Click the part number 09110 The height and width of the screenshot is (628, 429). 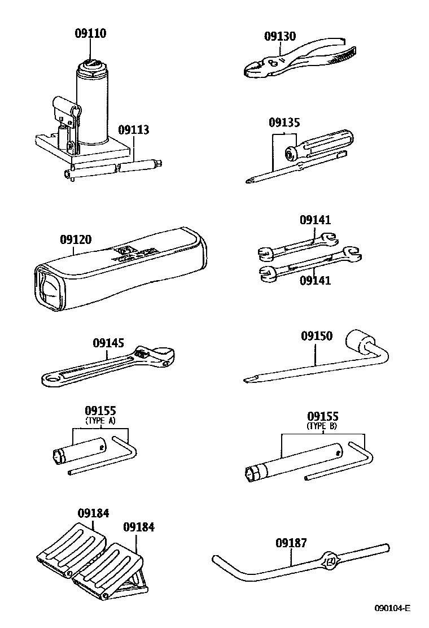pos(90,33)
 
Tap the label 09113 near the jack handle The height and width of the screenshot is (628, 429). pos(134,130)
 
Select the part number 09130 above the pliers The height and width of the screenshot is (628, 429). pos(280,36)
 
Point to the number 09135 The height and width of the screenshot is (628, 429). pos(284,123)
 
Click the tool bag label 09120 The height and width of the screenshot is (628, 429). pos(76,239)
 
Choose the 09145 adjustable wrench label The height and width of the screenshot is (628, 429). pos(108,343)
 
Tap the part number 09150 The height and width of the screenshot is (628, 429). pos(316,336)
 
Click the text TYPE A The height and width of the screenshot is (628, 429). pos(100,421)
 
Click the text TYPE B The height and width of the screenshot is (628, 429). pos(322,426)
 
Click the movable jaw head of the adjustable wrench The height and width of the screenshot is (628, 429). pos(161,356)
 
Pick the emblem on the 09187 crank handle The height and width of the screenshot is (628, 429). pos(329,561)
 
